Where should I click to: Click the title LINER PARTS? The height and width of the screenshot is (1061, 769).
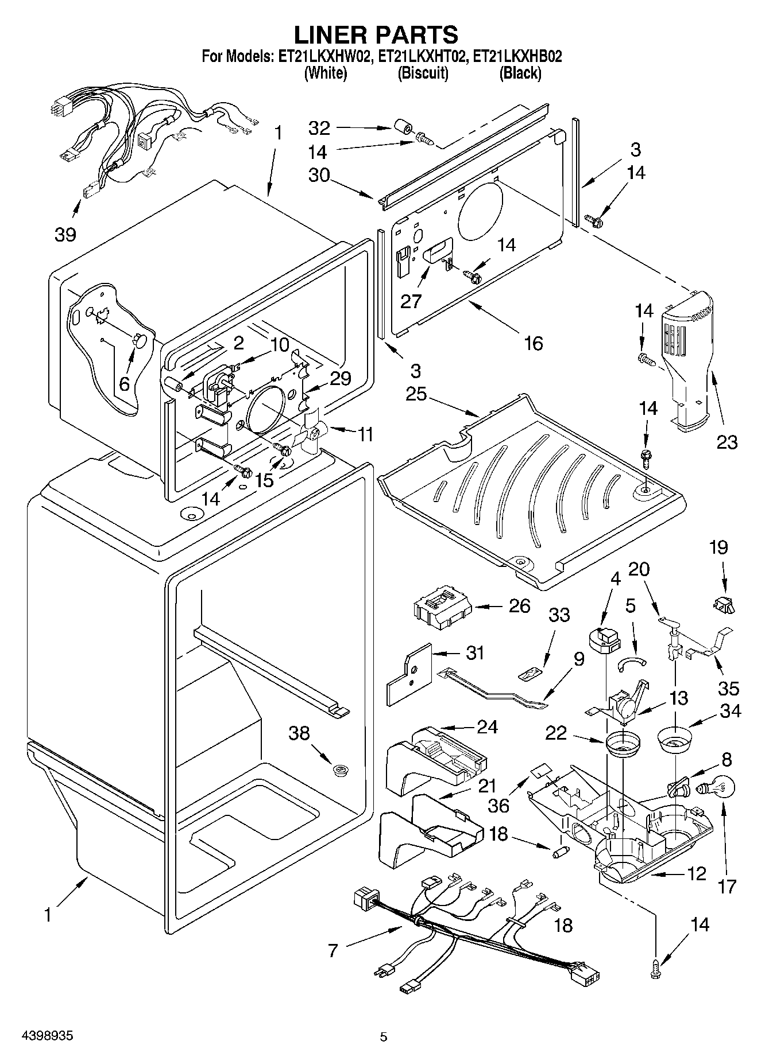pyautogui.click(x=376, y=34)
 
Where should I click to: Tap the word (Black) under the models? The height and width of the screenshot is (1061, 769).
pyautogui.click(x=520, y=73)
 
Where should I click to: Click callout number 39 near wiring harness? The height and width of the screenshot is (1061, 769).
pyautogui.click(x=65, y=234)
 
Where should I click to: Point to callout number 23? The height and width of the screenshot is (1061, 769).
pyautogui.click(x=726, y=442)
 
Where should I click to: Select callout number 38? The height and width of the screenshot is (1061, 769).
pyautogui.click(x=299, y=733)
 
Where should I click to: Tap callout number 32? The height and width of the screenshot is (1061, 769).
pyautogui.click(x=319, y=127)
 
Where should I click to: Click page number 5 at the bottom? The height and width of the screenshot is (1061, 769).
pyautogui.click(x=384, y=1036)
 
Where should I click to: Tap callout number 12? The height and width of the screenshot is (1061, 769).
pyautogui.click(x=695, y=874)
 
